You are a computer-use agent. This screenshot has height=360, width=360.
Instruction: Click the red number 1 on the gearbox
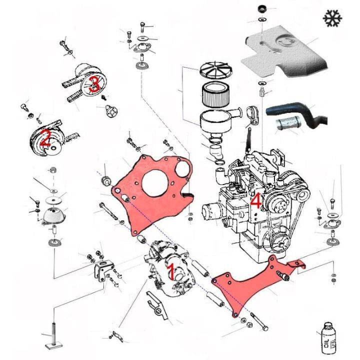[170, 272]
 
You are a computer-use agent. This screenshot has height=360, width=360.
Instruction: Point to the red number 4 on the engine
[255, 201]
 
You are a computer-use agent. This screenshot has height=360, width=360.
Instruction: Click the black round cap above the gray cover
[261, 8]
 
